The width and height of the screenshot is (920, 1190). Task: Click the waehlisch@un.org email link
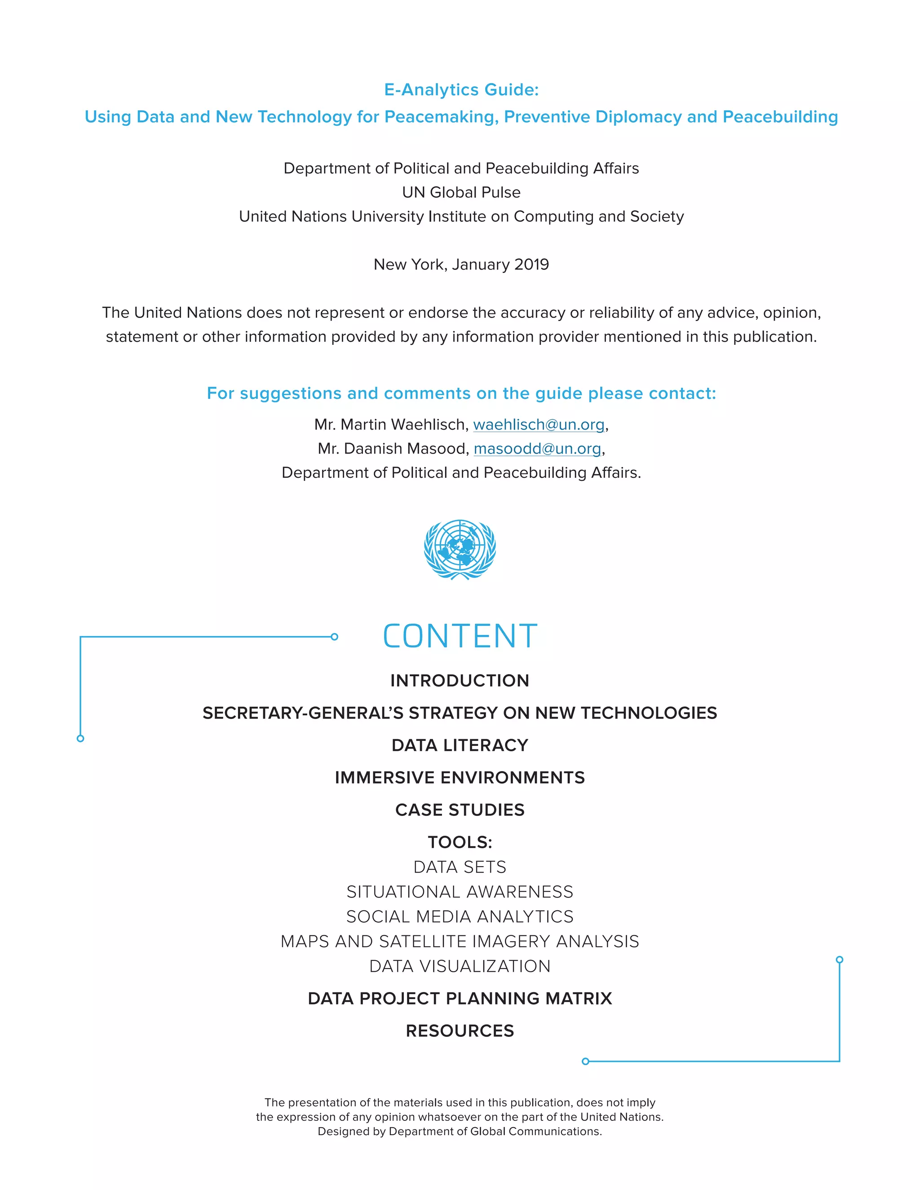point(539,424)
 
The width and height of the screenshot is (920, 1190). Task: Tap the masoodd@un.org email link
point(537,449)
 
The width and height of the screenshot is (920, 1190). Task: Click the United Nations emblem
point(460,549)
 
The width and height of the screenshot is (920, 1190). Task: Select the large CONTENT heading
point(460,636)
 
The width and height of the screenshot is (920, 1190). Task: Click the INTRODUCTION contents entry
point(460,680)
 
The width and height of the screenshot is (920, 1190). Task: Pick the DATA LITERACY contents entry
point(460,745)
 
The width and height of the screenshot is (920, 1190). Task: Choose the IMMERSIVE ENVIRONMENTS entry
point(460,777)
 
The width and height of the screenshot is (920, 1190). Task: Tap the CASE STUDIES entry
point(460,810)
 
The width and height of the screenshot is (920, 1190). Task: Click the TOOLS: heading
point(460,842)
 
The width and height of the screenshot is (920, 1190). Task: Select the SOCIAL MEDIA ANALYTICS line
point(460,917)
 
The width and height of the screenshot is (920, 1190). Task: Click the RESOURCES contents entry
point(460,1031)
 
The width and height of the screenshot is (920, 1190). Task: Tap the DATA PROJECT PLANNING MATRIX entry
point(460,998)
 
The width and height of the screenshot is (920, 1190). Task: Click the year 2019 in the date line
point(531,265)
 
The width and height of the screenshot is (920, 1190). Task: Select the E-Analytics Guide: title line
point(461,90)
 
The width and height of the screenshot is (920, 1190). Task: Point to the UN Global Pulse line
point(461,192)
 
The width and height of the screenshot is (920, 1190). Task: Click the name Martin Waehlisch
point(403,424)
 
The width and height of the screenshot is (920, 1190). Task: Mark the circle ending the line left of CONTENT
point(335,636)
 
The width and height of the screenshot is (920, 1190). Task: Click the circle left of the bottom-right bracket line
point(585,1062)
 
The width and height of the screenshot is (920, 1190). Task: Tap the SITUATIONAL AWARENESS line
point(460,892)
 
